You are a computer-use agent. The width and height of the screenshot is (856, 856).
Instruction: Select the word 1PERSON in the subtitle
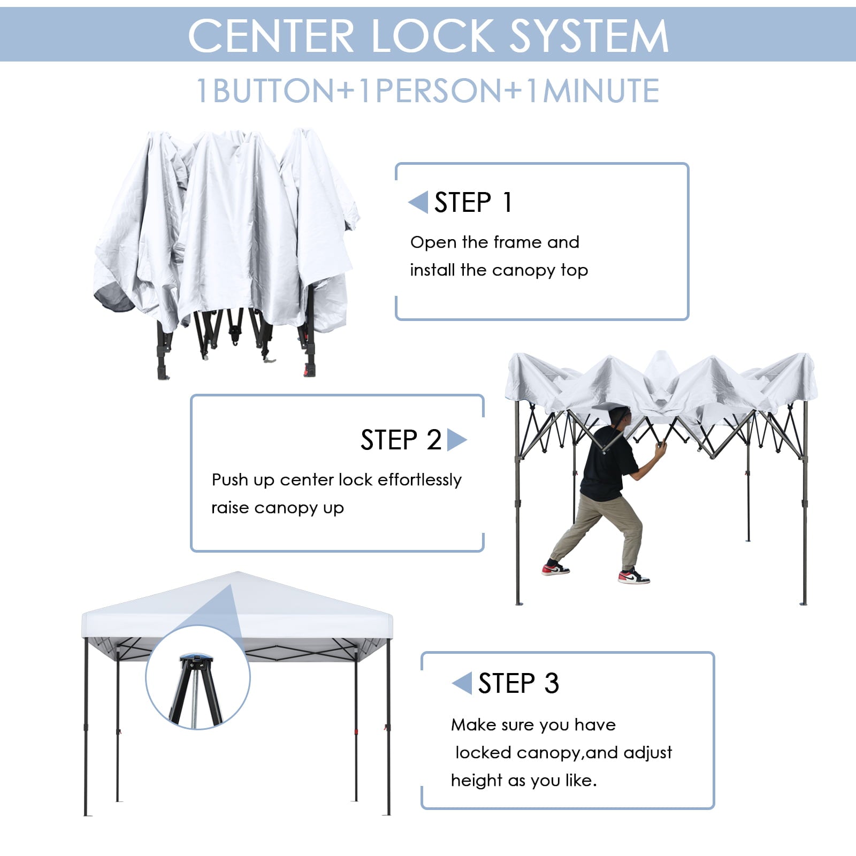pos(431,90)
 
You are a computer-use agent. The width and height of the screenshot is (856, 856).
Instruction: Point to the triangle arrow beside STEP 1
pos(419,202)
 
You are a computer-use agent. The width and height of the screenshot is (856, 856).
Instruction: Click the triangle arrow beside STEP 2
pos(456,440)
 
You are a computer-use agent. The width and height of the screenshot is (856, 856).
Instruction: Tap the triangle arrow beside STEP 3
pos(462,683)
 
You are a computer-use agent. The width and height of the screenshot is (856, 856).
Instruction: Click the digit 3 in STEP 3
pos(552,683)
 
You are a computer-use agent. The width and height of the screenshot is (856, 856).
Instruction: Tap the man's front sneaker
pos(633,577)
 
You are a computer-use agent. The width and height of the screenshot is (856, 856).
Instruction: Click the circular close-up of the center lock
pos(198,678)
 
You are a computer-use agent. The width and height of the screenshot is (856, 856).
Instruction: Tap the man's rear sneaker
pos(555,569)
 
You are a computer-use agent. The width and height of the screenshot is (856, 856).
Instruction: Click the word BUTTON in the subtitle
pos(273,90)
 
